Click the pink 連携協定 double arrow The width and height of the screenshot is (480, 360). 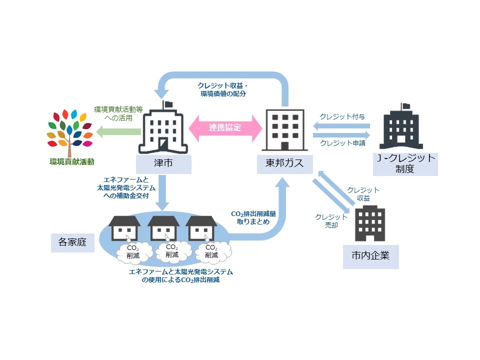coord(225,127)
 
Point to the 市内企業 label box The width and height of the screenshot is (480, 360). coord(370,256)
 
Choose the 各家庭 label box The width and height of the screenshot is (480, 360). coord(72,242)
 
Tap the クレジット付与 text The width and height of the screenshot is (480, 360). coord(342,116)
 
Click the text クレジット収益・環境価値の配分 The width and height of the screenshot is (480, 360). coord(222,89)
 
